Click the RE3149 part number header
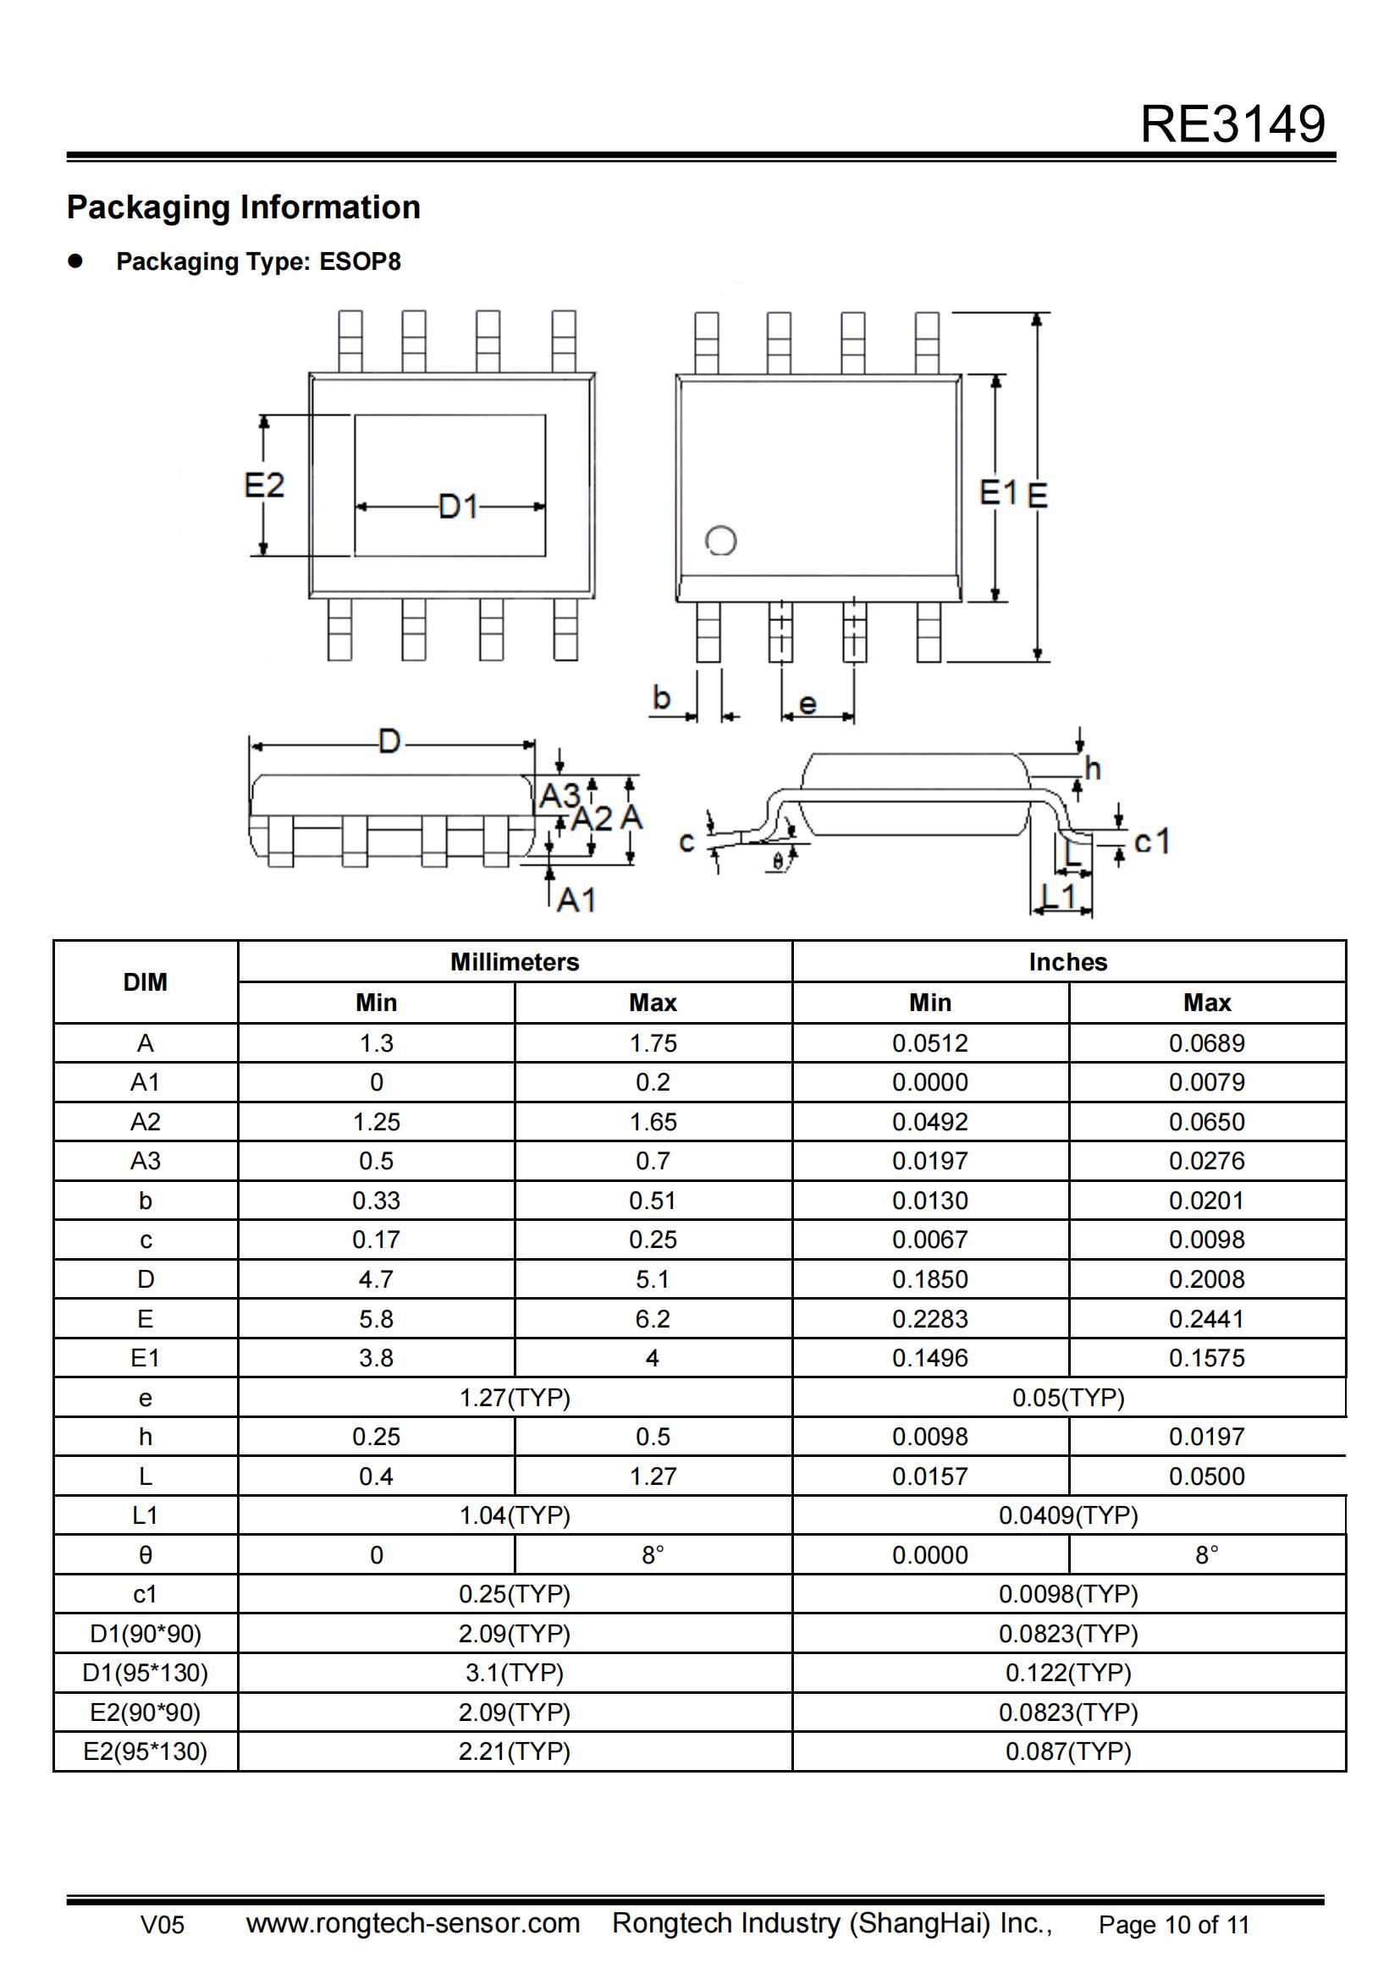pos(1232,124)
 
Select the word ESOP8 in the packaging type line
pos(360,262)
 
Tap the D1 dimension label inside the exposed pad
pos(458,506)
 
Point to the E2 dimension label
pos(264,486)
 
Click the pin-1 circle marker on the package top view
pos(720,541)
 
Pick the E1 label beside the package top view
pos(998,493)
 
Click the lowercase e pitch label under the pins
pos(807,703)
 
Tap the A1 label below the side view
pos(576,900)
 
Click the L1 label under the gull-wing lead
pos(1060,895)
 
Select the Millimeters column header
pos(515,962)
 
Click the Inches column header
pos(1067,962)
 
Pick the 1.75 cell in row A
pos(653,1043)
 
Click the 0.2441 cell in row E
pos(1206,1319)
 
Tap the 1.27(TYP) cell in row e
pos(515,1397)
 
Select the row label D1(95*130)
pos(145,1673)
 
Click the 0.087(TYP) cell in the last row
pos(1067,1751)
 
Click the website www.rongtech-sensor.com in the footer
pos(412,1923)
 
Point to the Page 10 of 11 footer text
pos(1173,1925)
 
